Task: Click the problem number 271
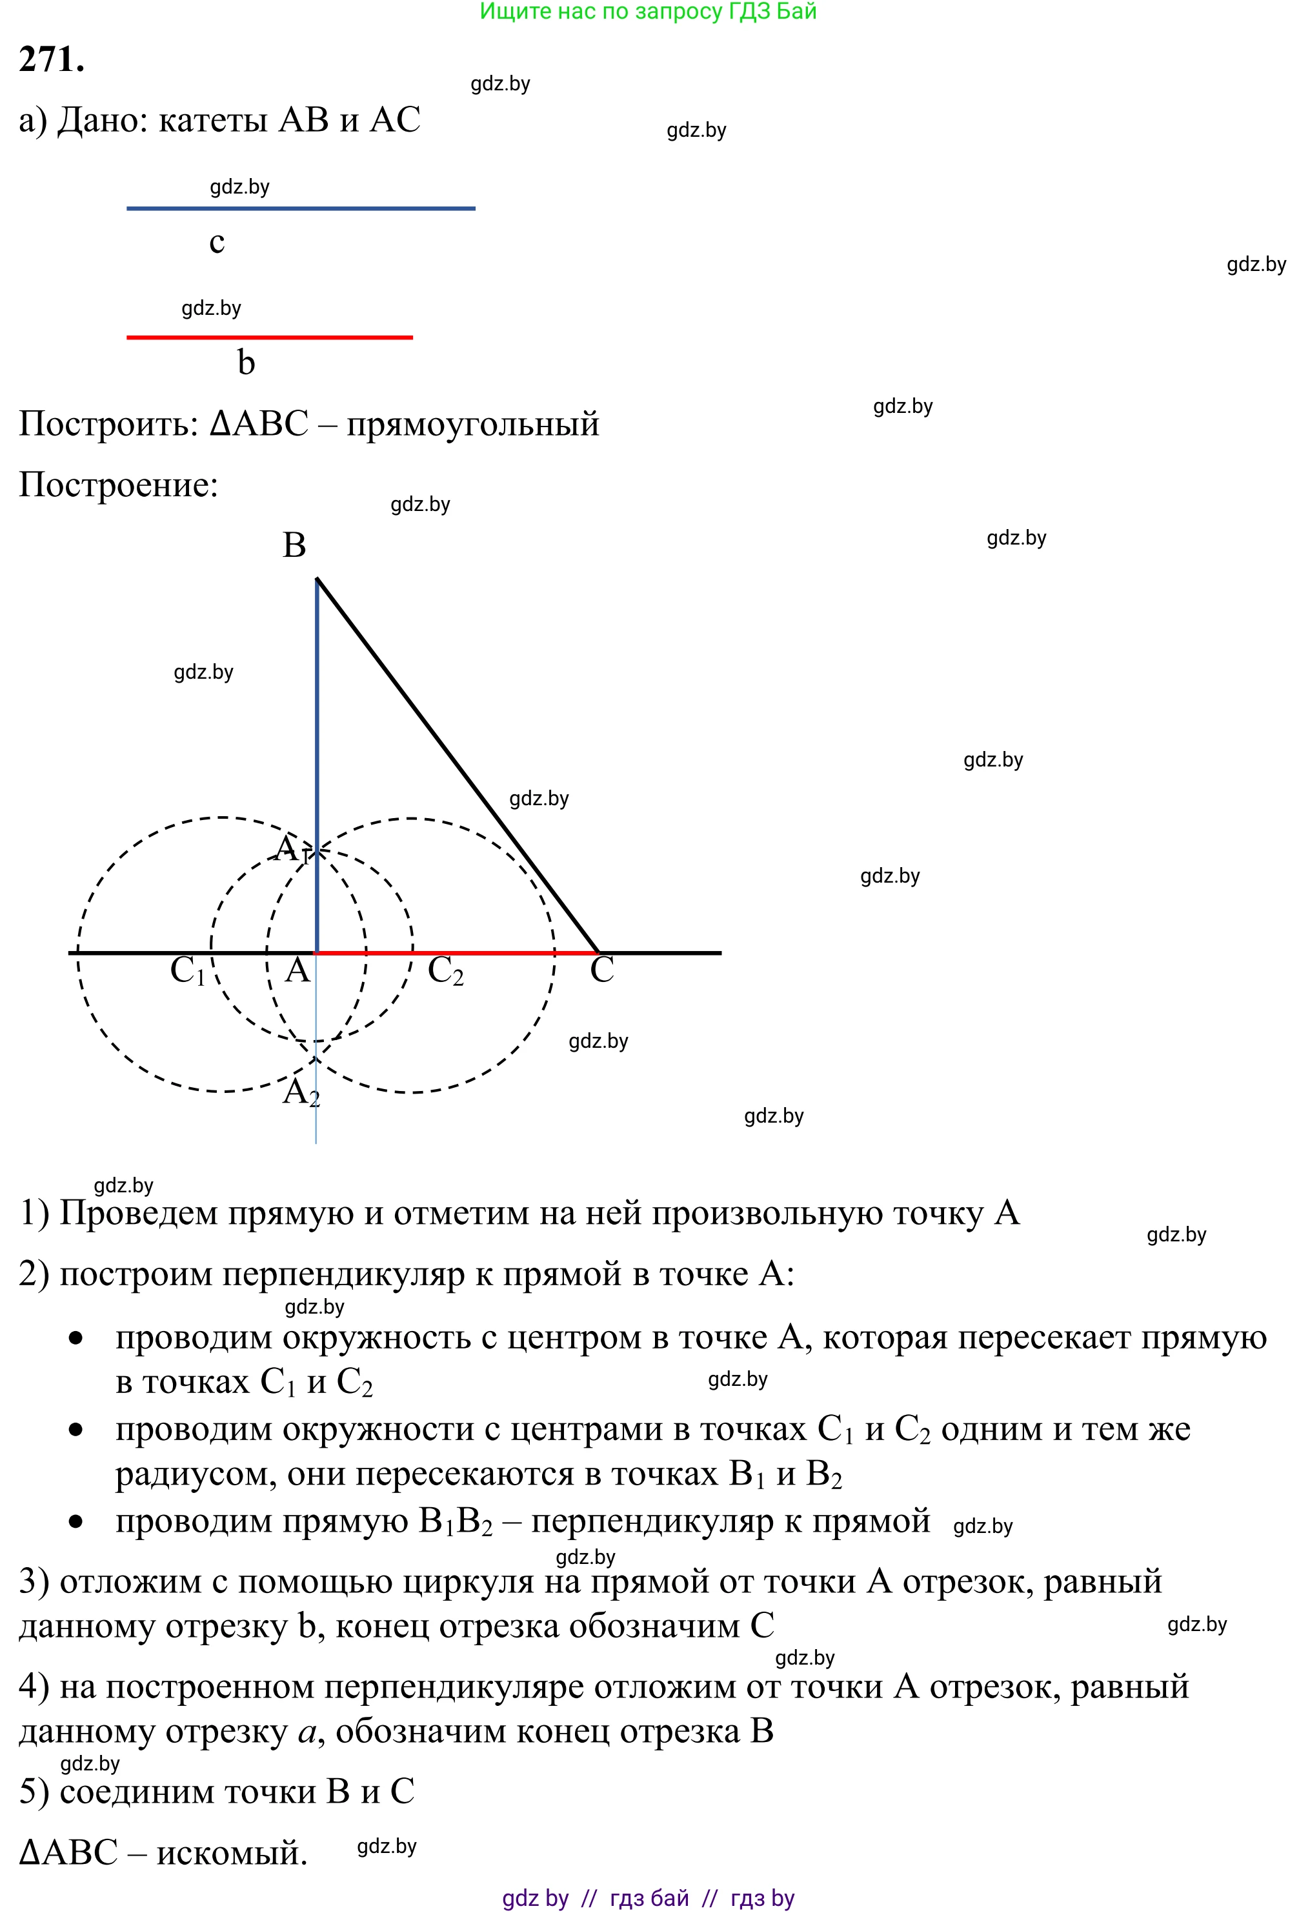tap(51, 60)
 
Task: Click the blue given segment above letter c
tap(301, 209)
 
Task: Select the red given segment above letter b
tap(269, 337)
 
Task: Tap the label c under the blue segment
tap(217, 242)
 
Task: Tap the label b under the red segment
tap(246, 362)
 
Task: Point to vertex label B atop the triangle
tap(294, 546)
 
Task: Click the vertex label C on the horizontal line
tap(602, 970)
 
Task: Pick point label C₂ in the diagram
tap(445, 971)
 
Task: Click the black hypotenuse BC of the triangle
tap(457, 766)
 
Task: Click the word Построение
tap(117, 485)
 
